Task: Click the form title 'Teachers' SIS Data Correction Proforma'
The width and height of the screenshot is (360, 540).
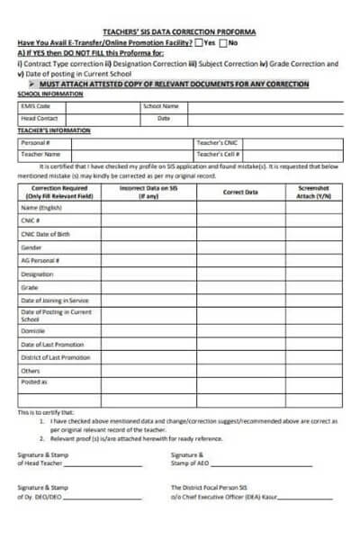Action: click(180, 31)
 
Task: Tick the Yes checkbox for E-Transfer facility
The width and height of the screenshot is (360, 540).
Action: click(199, 42)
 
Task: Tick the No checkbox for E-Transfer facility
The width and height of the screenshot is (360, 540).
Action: click(224, 42)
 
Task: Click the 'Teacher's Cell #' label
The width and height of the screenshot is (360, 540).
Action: click(217, 154)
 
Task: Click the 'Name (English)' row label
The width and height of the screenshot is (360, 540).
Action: click(40, 207)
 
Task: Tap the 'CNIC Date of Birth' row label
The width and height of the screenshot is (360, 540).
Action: click(46, 234)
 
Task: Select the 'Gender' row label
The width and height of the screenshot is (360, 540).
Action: click(31, 247)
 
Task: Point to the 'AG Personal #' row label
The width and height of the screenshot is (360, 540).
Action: click(40, 260)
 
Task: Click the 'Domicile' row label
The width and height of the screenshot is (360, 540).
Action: click(34, 330)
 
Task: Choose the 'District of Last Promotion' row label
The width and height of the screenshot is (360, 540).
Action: click(55, 357)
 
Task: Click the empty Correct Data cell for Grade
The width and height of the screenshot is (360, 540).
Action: click(240, 287)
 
